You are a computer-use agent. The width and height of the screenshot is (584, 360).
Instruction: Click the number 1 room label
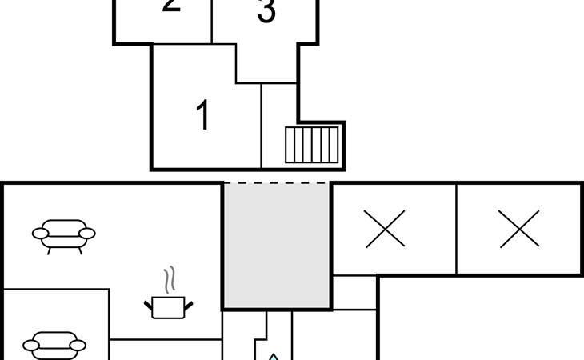[203, 115]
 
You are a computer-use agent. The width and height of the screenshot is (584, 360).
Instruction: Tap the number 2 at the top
[170, 6]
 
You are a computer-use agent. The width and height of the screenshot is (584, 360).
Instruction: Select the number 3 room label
[266, 13]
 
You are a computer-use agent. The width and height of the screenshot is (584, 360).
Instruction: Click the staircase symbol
[312, 144]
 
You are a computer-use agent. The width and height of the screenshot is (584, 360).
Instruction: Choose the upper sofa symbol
[64, 233]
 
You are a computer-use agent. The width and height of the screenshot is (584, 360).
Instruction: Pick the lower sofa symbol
[54, 345]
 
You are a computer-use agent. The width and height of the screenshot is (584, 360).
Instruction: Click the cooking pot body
[169, 307]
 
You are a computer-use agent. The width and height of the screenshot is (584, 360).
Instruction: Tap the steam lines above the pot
[169, 280]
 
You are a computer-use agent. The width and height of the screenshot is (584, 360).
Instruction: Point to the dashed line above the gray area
[276, 183]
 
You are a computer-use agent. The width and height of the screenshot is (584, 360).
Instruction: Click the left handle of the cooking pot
[149, 302]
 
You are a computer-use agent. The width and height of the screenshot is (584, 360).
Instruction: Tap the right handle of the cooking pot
[189, 302]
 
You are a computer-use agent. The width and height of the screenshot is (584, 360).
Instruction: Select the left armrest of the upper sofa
[40, 234]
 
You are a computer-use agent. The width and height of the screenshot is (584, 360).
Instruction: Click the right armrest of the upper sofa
[87, 234]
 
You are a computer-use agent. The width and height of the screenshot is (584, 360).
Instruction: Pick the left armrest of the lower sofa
[31, 346]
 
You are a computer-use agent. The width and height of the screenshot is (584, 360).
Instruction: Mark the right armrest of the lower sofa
[78, 346]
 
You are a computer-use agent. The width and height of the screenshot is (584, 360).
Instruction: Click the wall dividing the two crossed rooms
[456, 229]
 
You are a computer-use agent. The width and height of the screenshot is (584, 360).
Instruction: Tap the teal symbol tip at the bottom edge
[274, 357]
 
